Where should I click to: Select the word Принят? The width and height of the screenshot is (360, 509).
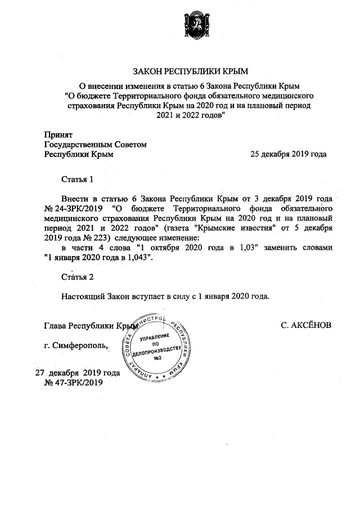point(58,134)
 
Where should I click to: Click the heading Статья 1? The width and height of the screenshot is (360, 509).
point(76,179)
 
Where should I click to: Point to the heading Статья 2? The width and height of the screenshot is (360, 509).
point(76,277)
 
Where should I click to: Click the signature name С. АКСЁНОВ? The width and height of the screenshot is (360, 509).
point(306,325)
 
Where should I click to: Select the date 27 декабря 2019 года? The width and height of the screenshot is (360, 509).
point(78,373)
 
